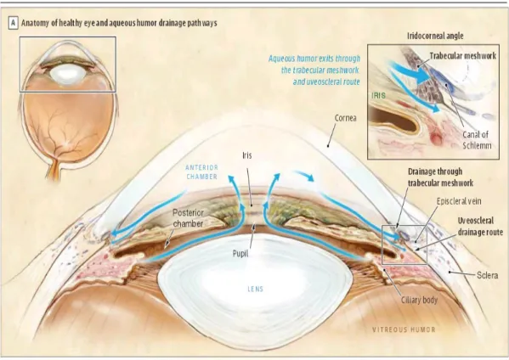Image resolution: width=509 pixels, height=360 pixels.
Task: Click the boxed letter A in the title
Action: tap(14, 23)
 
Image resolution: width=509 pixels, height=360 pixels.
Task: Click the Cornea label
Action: tap(345, 118)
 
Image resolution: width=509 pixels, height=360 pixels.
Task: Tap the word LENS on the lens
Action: tap(255, 289)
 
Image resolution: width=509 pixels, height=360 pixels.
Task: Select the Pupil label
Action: tap(240, 253)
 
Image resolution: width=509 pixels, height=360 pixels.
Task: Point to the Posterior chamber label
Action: tap(188, 218)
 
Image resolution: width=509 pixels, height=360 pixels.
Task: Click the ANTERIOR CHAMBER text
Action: tap(201, 172)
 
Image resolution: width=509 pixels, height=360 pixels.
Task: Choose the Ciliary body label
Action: tap(419, 300)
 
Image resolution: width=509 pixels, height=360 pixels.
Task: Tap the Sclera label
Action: tap(487, 275)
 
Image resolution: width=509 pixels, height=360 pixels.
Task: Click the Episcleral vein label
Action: tap(459, 201)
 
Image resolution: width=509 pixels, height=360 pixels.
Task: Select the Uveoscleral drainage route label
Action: tap(480, 227)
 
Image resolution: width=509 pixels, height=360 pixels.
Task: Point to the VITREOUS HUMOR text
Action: tap(404, 329)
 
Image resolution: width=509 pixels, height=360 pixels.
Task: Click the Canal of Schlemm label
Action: tap(477, 140)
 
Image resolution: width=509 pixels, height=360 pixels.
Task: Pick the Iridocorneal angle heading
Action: tap(435, 36)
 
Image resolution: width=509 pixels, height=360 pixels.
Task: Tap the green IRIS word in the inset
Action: tap(378, 95)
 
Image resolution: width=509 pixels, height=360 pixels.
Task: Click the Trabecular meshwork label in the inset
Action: tap(463, 56)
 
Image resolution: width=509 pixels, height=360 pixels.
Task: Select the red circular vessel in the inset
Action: tap(436, 138)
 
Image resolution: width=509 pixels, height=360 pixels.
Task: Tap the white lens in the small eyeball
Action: tap(68, 74)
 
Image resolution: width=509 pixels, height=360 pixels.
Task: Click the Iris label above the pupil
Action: tap(247, 155)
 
